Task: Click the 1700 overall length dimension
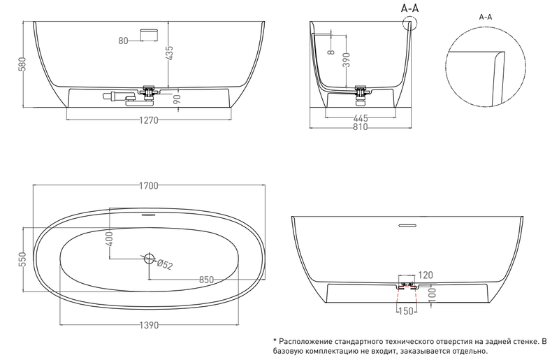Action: tap(149, 185)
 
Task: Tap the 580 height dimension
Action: tap(22, 64)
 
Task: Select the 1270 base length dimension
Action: tap(148, 120)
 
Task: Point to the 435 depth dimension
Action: tap(170, 53)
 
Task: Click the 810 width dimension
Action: tap(360, 127)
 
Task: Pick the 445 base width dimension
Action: tap(361, 118)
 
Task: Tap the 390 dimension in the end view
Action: tap(347, 60)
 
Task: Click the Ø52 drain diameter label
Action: tap(165, 264)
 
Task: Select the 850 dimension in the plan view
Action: tap(206, 280)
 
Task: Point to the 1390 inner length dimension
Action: tap(149, 325)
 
